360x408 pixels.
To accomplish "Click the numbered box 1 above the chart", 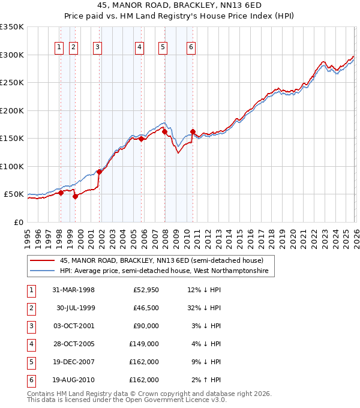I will [60, 48].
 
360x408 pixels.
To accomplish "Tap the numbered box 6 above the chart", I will [191, 48].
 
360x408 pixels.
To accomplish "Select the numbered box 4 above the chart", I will [139, 48].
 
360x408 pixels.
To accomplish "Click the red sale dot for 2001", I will [100, 172].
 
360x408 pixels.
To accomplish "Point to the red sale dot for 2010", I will [193, 131].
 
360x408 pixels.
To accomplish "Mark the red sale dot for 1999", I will [76, 196].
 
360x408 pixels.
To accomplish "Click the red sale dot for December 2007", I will [164, 131].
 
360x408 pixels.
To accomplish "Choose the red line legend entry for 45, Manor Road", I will [161, 260].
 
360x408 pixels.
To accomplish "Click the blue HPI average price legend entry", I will [166, 271].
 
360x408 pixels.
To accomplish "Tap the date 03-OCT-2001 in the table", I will [73, 326].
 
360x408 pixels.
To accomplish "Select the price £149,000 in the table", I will [144, 344].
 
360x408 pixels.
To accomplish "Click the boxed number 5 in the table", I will [30, 362].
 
